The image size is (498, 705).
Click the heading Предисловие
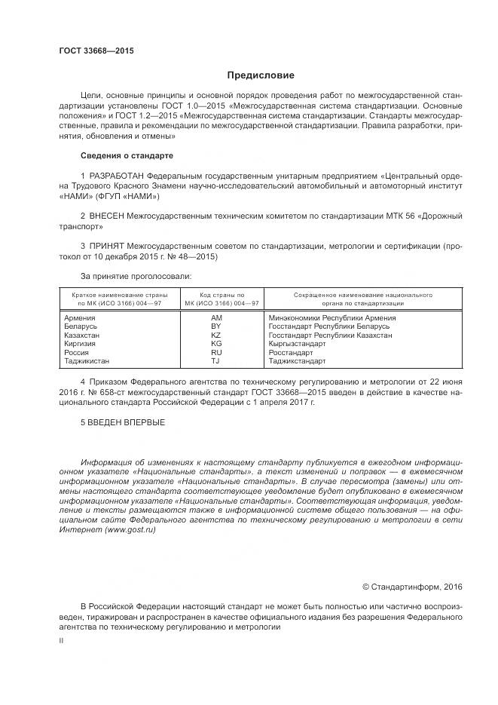click(261, 75)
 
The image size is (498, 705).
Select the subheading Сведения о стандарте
click(127, 155)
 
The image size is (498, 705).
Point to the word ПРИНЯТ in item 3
click(105, 246)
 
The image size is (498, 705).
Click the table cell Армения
click(80, 318)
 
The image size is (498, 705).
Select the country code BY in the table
click(216, 326)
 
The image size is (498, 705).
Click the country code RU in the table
click(216, 351)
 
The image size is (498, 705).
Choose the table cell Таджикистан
click(87, 360)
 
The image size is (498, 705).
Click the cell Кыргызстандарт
click(297, 343)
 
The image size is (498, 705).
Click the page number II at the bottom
click(61, 639)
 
